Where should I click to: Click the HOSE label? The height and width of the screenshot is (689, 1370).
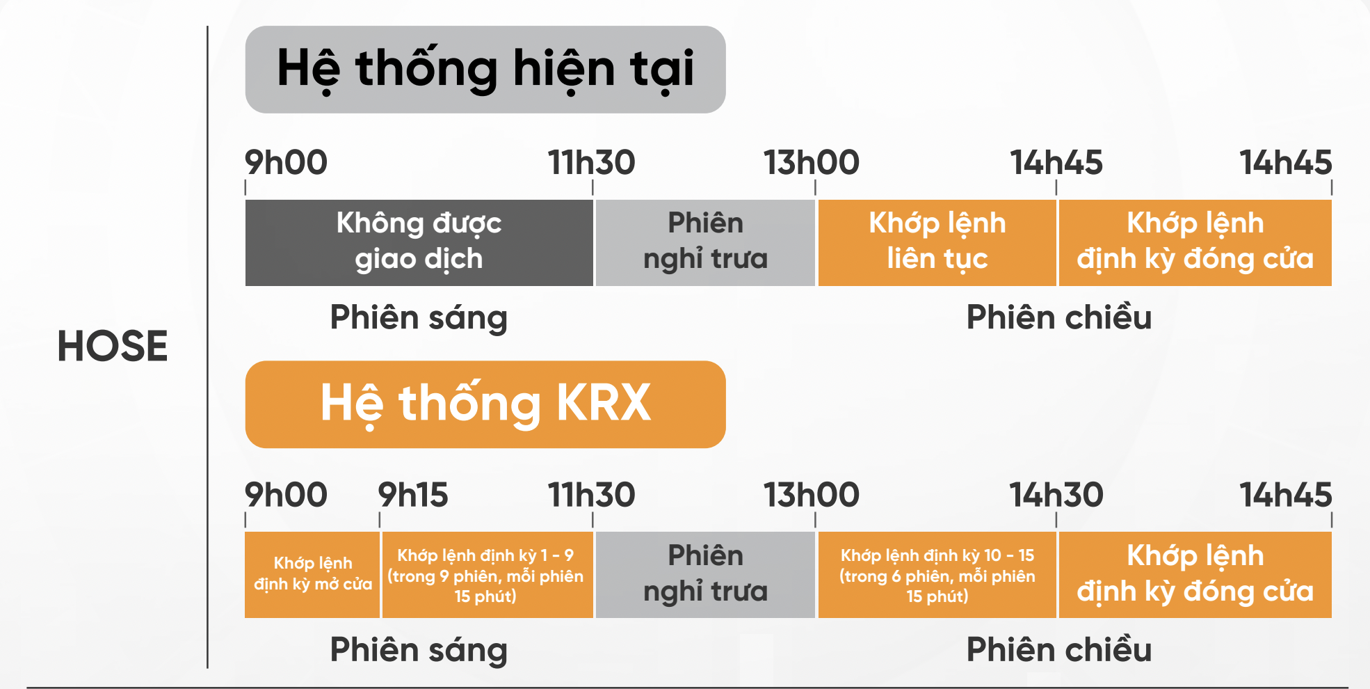point(113,346)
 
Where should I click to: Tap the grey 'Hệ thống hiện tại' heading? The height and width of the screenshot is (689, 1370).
point(485,70)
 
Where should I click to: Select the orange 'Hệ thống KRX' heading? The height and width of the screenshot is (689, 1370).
point(485,404)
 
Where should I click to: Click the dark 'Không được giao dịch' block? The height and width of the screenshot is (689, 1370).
point(419,243)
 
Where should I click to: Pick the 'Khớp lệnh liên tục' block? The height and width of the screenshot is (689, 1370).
point(937,243)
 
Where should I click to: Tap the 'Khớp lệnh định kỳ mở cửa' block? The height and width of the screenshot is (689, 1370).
point(312,575)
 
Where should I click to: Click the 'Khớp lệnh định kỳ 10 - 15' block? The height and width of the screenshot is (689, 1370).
point(937,575)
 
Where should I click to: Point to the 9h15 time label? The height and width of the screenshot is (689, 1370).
point(413,495)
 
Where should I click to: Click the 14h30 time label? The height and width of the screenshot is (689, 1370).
point(1056,495)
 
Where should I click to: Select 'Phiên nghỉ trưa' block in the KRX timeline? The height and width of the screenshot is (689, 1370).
point(705,575)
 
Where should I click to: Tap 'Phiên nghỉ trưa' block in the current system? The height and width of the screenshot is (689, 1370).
point(705,243)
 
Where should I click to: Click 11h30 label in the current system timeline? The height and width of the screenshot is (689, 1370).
point(591,162)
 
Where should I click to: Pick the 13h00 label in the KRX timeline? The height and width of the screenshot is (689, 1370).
point(812,495)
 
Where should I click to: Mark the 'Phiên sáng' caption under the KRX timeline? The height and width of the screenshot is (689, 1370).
point(419,650)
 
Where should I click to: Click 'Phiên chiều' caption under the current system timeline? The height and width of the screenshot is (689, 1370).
point(1059,317)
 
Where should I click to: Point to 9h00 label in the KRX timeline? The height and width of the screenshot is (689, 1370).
point(286,495)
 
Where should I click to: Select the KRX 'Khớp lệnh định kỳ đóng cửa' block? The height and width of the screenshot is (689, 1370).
point(1195,575)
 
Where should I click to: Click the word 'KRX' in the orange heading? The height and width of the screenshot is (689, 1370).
point(604,403)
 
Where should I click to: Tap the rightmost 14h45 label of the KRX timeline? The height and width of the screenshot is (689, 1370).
point(1286,495)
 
